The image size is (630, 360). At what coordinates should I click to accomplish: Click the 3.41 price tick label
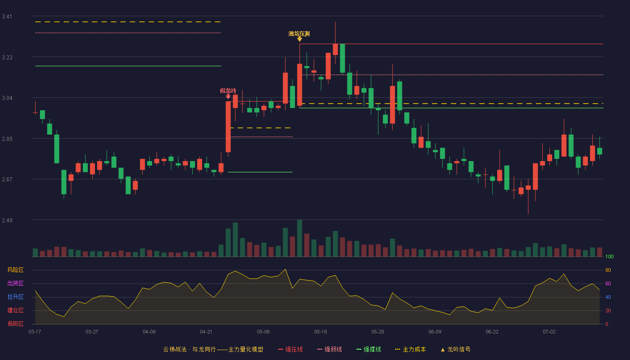(x=7, y=17)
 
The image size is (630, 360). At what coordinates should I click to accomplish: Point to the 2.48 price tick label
(x=7, y=220)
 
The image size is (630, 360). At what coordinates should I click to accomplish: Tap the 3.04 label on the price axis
(x=7, y=98)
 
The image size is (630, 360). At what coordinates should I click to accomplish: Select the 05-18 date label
(x=320, y=332)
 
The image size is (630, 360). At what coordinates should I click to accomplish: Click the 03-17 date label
(x=35, y=332)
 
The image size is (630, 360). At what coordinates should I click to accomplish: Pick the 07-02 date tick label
(x=549, y=332)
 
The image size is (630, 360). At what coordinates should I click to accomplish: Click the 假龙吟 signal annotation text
(x=228, y=90)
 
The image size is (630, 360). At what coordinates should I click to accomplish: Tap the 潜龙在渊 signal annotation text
(x=299, y=34)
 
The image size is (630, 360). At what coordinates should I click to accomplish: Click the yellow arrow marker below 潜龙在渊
(x=300, y=39)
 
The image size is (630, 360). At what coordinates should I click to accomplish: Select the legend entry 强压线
(x=290, y=349)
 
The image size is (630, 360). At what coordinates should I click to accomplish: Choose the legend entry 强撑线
(x=369, y=349)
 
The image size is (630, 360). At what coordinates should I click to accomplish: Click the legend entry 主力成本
(x=410, y=349)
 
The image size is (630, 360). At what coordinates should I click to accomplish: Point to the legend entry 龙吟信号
(x=455, y=349)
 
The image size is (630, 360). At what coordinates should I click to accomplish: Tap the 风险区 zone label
(x=15, y=270)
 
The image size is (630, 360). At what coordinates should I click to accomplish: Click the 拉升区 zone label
(x=15, y=297)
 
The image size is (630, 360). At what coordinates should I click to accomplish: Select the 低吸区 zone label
(x=15, y=324)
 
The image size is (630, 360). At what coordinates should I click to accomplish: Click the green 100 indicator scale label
(x=609, y=256)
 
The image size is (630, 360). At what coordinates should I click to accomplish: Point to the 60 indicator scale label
(x=608, y=283)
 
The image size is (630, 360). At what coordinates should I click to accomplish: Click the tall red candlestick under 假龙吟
(x=228, y=127)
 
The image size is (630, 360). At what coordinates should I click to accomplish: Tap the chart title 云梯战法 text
(x=175, y=349)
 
